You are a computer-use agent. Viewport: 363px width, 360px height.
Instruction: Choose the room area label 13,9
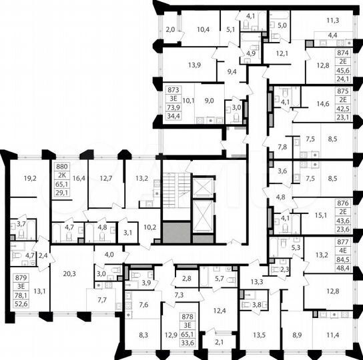[x=195, y=65]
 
